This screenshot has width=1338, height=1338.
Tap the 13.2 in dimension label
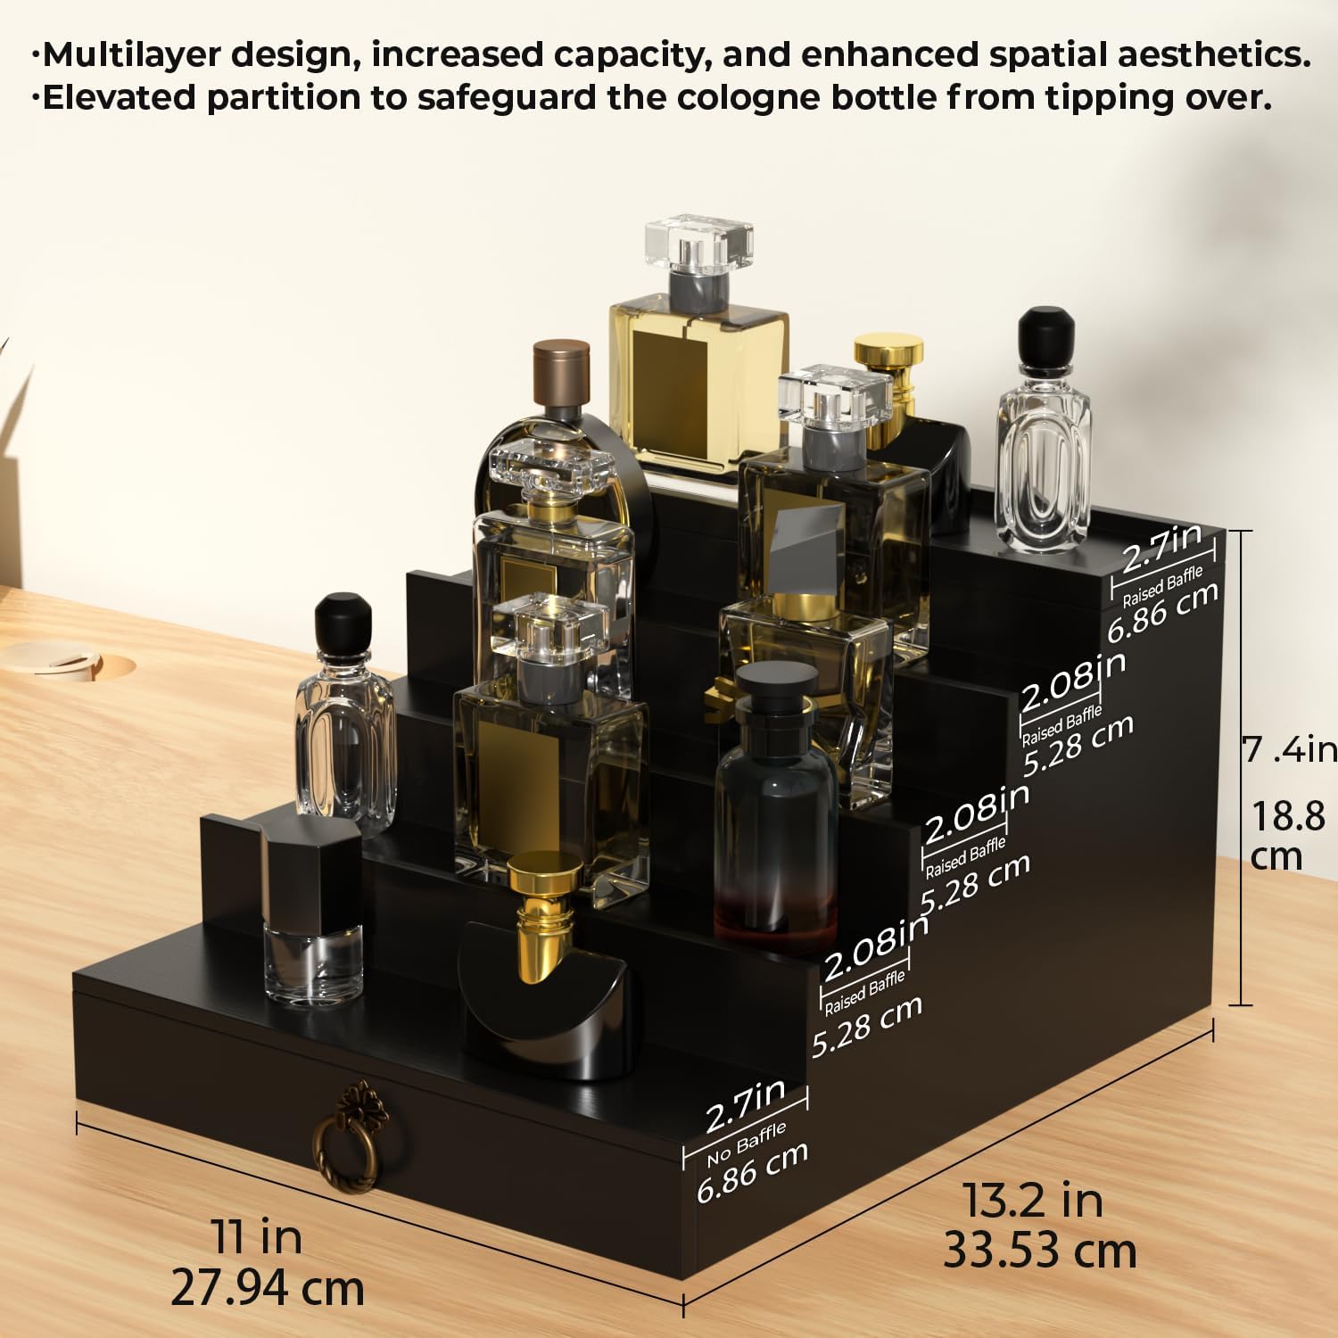[x=1034, y=1200]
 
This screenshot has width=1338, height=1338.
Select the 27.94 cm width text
[x=268, y=1288]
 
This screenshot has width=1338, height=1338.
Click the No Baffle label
[x=747, y=1144]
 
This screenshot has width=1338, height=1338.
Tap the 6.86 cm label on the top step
[x=1162, y=613]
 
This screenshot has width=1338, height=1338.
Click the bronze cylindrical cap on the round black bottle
[x=561, y=374]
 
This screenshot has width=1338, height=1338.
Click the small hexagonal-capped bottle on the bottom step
[x=312, y=910]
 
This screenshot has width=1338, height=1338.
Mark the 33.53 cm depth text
[x=1040, y=1251]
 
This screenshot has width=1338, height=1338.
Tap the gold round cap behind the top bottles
[x=888, y=351]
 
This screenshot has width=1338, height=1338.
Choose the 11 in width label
[x=257, y=1237]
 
